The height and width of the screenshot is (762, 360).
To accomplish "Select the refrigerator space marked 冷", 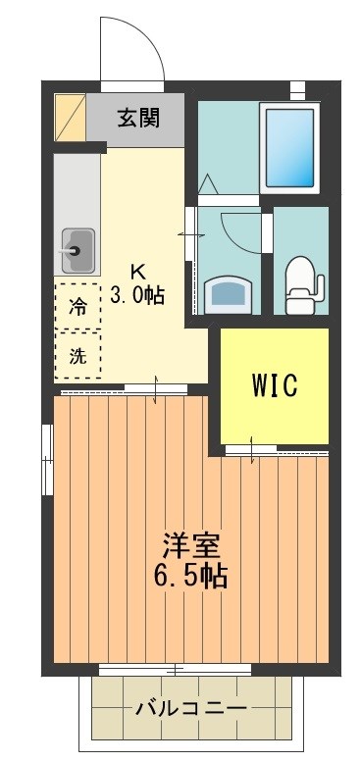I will [77, 306].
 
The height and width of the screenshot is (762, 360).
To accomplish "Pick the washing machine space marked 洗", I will [77, 356].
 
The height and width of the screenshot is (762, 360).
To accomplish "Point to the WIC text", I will [274, 384].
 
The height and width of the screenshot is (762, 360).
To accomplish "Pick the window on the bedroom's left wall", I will [46, 459].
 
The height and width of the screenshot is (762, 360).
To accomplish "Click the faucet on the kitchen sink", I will [69, 249].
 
